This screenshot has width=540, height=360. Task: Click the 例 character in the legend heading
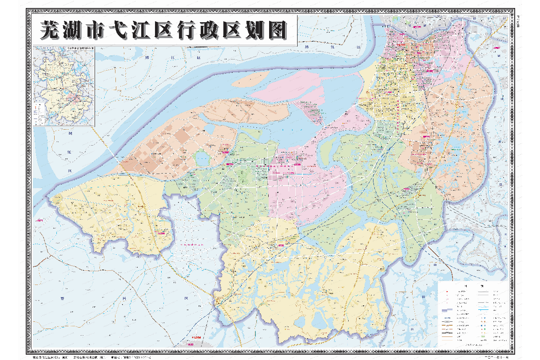pos(483,286)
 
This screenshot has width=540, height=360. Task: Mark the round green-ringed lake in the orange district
pos(202,158)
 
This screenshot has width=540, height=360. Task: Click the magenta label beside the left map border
pos(40,220)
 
